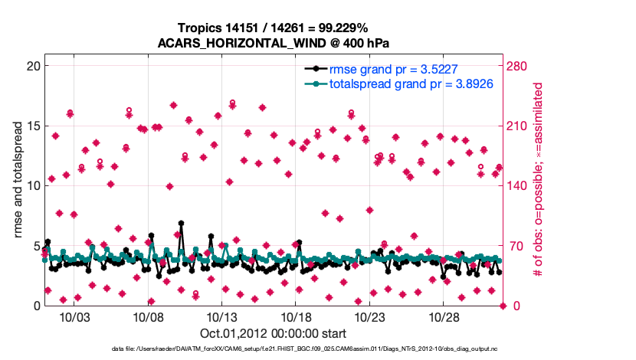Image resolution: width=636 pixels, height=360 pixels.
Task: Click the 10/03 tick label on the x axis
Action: tap(74, 317)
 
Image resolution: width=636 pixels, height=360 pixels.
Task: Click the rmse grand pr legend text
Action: tap(393, 70)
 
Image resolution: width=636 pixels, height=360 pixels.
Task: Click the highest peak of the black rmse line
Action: tap(181, 223)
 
